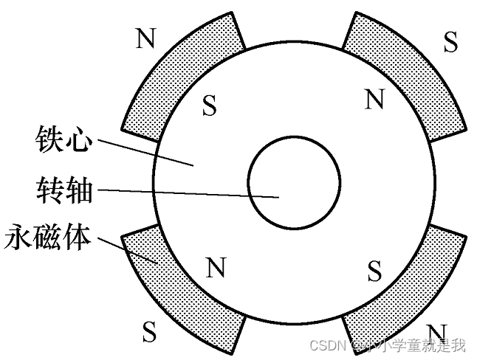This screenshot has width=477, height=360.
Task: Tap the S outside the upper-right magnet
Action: click(450, 42)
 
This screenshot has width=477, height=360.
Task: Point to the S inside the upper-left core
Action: click(210, 108)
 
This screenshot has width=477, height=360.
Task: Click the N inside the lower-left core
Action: click(215, 268)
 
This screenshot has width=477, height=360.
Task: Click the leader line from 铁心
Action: click(144, 151)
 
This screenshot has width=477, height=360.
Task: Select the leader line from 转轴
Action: click(185, 193)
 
